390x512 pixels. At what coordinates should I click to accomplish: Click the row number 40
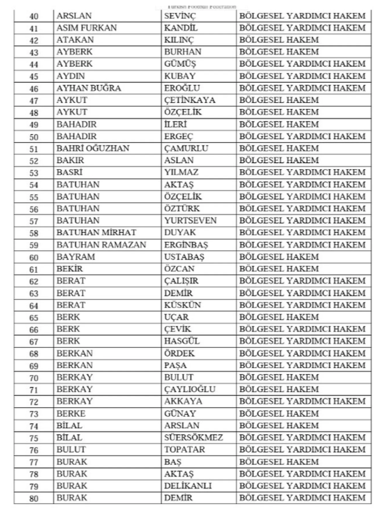pyautogui.click(x=34, y=16)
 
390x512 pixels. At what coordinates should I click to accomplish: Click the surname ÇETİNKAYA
pyautogui.click(x=189, y=100)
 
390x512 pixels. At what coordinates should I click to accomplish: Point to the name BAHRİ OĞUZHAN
pyautogui.click(x=88, y=149)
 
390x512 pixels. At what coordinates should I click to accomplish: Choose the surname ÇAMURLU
pyautogui.click(x=186, y=149)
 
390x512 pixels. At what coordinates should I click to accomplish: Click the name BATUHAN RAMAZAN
pyautogui.click(x=92, y=245)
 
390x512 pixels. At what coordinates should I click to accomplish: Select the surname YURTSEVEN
pyautogui.click(x=191, y=221)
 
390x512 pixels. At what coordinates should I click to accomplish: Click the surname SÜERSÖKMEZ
pyautogui.click(x=194, y=438)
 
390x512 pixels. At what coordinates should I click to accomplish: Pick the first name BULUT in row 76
pyautogui.click(x=71, y=450)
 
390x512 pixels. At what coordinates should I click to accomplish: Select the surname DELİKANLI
pyautogui.click(x=188, y=486)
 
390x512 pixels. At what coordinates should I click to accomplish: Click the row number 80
pyautogui.click(x=34, y=498)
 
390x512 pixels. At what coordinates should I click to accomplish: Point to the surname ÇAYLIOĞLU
pyautogui.click(x=190, y=390)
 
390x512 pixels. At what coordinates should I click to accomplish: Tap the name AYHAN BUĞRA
pyautogui.click(x=88, y=88)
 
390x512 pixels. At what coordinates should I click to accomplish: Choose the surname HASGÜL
pyautogui.click(x=182, y=342)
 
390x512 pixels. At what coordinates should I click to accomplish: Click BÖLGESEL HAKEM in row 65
pyautogui.click(x=279, y=317)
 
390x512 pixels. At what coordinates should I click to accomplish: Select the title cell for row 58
pyautogui.click(x=302, y=233)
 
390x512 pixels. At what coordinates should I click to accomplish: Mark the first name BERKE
pyautogui.click(x=70, y=414)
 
